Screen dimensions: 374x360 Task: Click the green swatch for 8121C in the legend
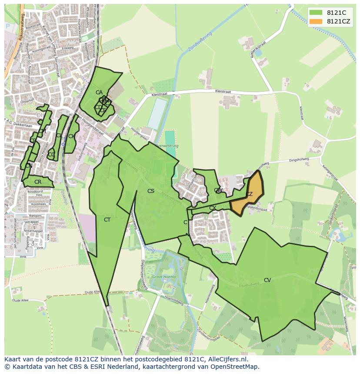[x=316, y=13]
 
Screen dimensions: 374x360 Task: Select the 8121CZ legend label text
[x=338, y=21]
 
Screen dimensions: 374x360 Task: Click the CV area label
[x=267, y=280]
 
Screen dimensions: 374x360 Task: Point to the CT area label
[x=107, y=220]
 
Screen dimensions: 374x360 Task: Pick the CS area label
[x=150, y=191]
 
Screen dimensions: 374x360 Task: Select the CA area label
[x=99, y=93]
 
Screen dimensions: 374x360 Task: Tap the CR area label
[x=38, y=182]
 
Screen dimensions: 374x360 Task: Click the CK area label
[x=72, y=136]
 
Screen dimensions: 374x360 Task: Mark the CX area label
[x=212, y=208]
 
